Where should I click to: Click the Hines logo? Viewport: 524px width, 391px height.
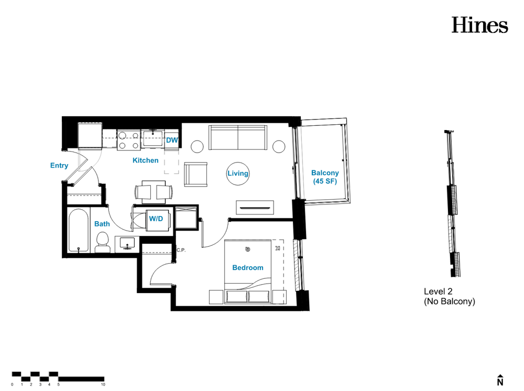click(x=479, y=25)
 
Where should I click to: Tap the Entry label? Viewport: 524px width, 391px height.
click(x=59, y=166)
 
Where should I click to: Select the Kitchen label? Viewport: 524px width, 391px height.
click(x=145, y=160)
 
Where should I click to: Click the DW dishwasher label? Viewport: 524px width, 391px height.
click(x=172, y=140)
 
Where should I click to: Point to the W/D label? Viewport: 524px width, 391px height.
click(x=156, y=219)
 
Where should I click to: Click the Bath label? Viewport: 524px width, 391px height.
click(x=102, y=224)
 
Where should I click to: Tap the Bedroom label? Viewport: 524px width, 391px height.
click(x=248, y=268)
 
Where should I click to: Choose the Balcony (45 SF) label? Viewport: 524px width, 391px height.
click(x=325, y=177)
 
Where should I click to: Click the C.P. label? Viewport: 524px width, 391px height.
click(x=181, y=250)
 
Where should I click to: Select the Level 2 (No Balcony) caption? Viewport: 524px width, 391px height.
click(x=450, y=297)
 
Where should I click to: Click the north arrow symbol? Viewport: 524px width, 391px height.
click(x=500, y=380)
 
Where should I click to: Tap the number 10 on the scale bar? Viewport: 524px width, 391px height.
click(x=103, y=385)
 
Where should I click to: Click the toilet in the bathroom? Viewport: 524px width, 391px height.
click(x=103, y=242)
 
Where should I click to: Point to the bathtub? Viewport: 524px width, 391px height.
click(x=79, y=230)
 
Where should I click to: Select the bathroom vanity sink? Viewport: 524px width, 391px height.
click(x=127, y=243)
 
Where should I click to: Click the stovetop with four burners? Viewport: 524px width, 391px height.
click(x=129, y=140)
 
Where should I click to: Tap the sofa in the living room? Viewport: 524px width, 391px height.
click(x=238, y=138)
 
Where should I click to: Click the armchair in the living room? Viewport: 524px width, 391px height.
click(x=195, y=174)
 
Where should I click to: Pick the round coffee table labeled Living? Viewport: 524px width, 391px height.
click(x=237, y=173)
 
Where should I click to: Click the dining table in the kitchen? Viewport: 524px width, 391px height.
click(x=154, y=192)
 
